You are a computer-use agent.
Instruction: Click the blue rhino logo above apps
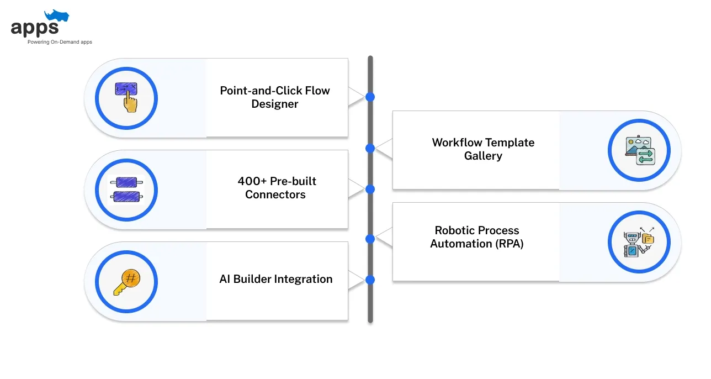coord(57,16)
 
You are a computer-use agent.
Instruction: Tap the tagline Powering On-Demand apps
coord(60,42)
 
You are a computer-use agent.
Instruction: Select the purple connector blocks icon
coord(126,189)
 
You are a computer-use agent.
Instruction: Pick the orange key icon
coord(127,282)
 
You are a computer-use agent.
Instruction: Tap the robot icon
coord(639,242)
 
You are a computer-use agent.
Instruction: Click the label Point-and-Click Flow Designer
coord(275,97)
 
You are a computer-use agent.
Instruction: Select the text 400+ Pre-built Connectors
coord(276,188)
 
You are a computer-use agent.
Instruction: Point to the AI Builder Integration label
coord(276,279)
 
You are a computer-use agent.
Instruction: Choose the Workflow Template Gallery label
coord(483,149)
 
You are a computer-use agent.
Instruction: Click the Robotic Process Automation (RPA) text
coord(477,237)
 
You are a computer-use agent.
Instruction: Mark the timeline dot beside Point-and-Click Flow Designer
coord(370,97)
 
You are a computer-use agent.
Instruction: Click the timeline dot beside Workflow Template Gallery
coord(370,149)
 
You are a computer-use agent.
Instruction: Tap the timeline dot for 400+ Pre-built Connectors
coord(370,189)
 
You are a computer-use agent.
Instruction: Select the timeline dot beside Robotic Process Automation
coord(370,239)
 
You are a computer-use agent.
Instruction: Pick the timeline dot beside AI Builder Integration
coord(370,280)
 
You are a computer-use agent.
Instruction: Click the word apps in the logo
coord(35,29)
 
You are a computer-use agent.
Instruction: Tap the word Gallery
coord(483,156)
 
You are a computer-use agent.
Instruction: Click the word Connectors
coord(275,194)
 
